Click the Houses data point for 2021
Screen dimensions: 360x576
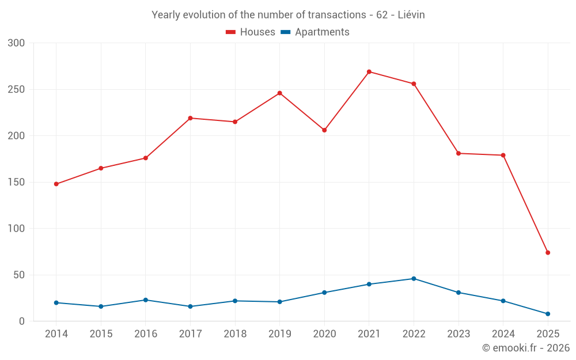(x=369, y=72)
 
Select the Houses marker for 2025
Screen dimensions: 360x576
(x=548, y=252)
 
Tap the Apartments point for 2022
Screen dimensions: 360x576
(x=414, y=279)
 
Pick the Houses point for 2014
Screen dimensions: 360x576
(x=56, y=184)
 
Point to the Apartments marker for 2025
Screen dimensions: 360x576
(x=548, y=314)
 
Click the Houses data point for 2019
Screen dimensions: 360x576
(x=279, y=93)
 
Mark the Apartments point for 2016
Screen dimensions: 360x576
(x=145, y=300)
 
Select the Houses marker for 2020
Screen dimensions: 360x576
(x=324, y=130)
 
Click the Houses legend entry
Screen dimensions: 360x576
(x=251, y=32)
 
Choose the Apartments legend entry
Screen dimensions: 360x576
(x=315, y=32)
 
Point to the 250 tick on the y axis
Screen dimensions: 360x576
(x=17, y=90)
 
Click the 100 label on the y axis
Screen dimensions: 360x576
(x=17, y=229)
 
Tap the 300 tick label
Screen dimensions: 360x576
(x=17, y=43)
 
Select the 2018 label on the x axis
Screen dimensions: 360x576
(x=235, y=334)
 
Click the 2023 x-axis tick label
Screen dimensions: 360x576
(x=458, y=334)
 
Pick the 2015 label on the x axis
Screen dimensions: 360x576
(x=101, y=334)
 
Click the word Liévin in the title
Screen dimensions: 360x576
(x=411, y=15)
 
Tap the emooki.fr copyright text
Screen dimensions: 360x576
(x=525, y=348)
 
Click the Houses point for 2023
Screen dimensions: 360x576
(x=458, y=153)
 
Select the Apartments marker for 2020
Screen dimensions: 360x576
(x=324, y=293)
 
